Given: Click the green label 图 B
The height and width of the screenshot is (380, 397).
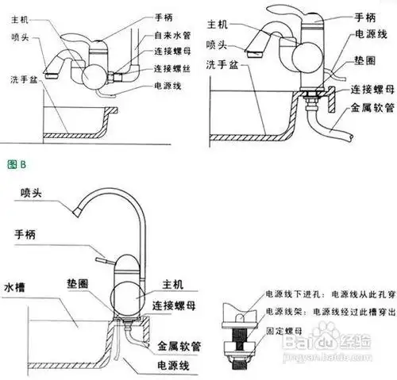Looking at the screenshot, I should click(17, 165).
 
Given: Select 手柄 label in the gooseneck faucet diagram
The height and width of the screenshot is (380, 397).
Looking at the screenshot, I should click(29, 235).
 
